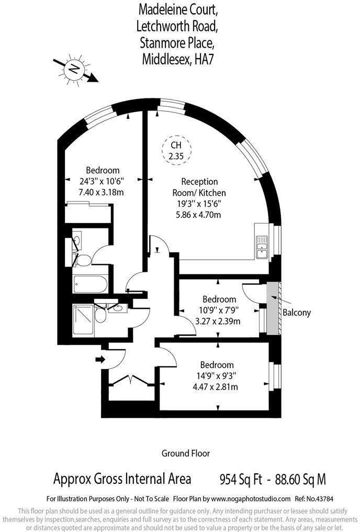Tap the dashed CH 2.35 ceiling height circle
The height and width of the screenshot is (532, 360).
pos(176,150)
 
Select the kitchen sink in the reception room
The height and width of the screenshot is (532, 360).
pos(262,247)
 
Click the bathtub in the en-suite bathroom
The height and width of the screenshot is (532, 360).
pos(91,284)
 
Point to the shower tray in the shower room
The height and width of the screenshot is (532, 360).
pos(83,314)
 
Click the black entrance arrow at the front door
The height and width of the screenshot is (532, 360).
pos(100,359)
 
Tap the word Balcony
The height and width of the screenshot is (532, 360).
pos(297,313)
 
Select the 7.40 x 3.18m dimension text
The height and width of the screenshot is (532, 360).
pos(101,192)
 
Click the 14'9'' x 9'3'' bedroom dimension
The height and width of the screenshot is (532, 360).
pos(217,375)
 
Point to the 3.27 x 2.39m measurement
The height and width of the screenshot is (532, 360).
pos(218,321)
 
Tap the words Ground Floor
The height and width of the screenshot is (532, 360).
pos(185,453)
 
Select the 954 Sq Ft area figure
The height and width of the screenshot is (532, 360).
pos(241,480)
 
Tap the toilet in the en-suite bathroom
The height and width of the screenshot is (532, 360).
pos(83,261)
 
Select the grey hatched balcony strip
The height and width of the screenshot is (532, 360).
pos(273,308)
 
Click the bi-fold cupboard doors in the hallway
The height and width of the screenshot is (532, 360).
pos(130,380)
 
